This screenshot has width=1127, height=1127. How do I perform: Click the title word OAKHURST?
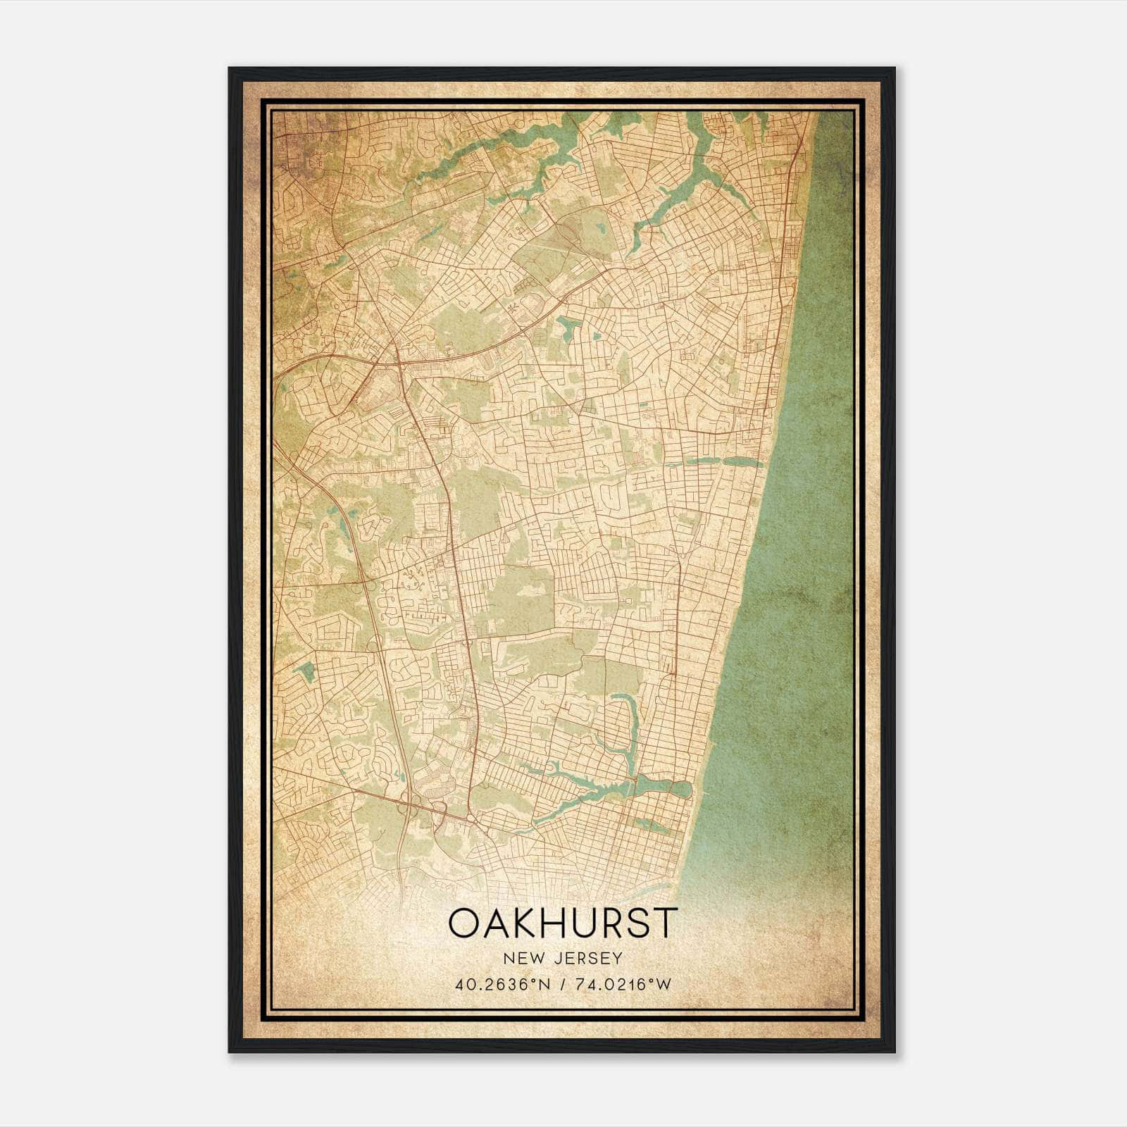pos(563,923)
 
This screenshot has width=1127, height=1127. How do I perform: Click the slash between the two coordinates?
pos(562,984)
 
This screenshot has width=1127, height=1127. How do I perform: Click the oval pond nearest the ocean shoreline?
pos(683,789)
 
